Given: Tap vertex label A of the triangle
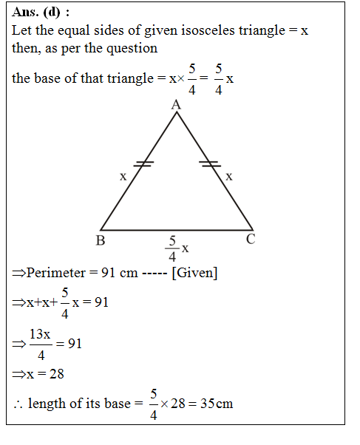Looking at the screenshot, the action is pos(176,106).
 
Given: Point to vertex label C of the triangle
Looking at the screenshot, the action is pos(251,239).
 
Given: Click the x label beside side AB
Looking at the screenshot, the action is pos(123,177).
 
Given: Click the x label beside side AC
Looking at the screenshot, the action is pos(229,177).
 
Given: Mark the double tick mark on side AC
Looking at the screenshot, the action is pos(210,164).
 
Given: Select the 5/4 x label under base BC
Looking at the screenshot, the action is pos(176,248).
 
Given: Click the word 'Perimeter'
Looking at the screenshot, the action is pos(55,273).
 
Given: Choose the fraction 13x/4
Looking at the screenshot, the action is pos(41,344).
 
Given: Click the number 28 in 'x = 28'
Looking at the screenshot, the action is pos(56,374).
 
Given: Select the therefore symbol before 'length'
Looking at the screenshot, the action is pos(18,404).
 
